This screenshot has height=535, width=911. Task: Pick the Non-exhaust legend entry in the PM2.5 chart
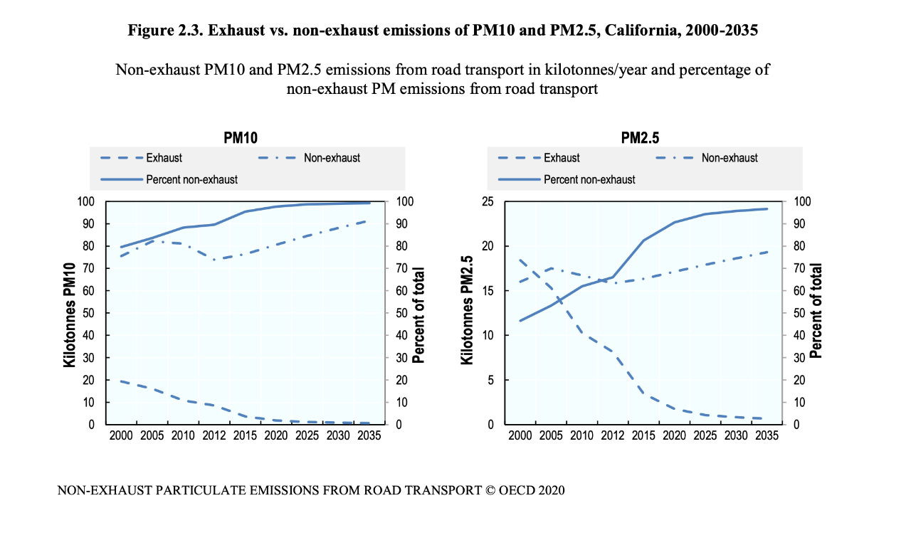[730, 158]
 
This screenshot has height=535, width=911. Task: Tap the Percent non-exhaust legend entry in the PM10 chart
[191, 179]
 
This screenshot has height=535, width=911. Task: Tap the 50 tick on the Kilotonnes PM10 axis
[89, 313]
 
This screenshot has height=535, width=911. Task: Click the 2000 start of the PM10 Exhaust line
[121, 381]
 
